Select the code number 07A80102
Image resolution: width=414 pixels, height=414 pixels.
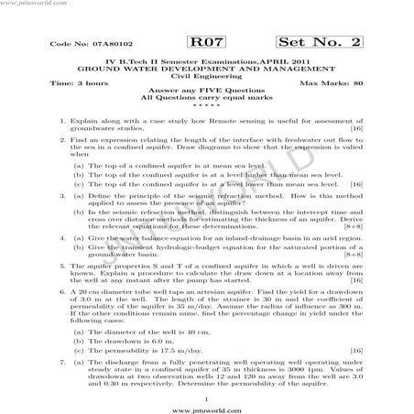coord(87,44)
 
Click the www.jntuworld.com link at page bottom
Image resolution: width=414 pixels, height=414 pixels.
coord(207,402)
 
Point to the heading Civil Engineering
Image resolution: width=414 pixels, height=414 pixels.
coord(207,76)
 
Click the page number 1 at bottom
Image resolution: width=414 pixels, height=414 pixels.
coord(207,388)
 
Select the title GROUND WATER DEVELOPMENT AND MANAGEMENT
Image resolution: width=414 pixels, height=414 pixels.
coord(207,69)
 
